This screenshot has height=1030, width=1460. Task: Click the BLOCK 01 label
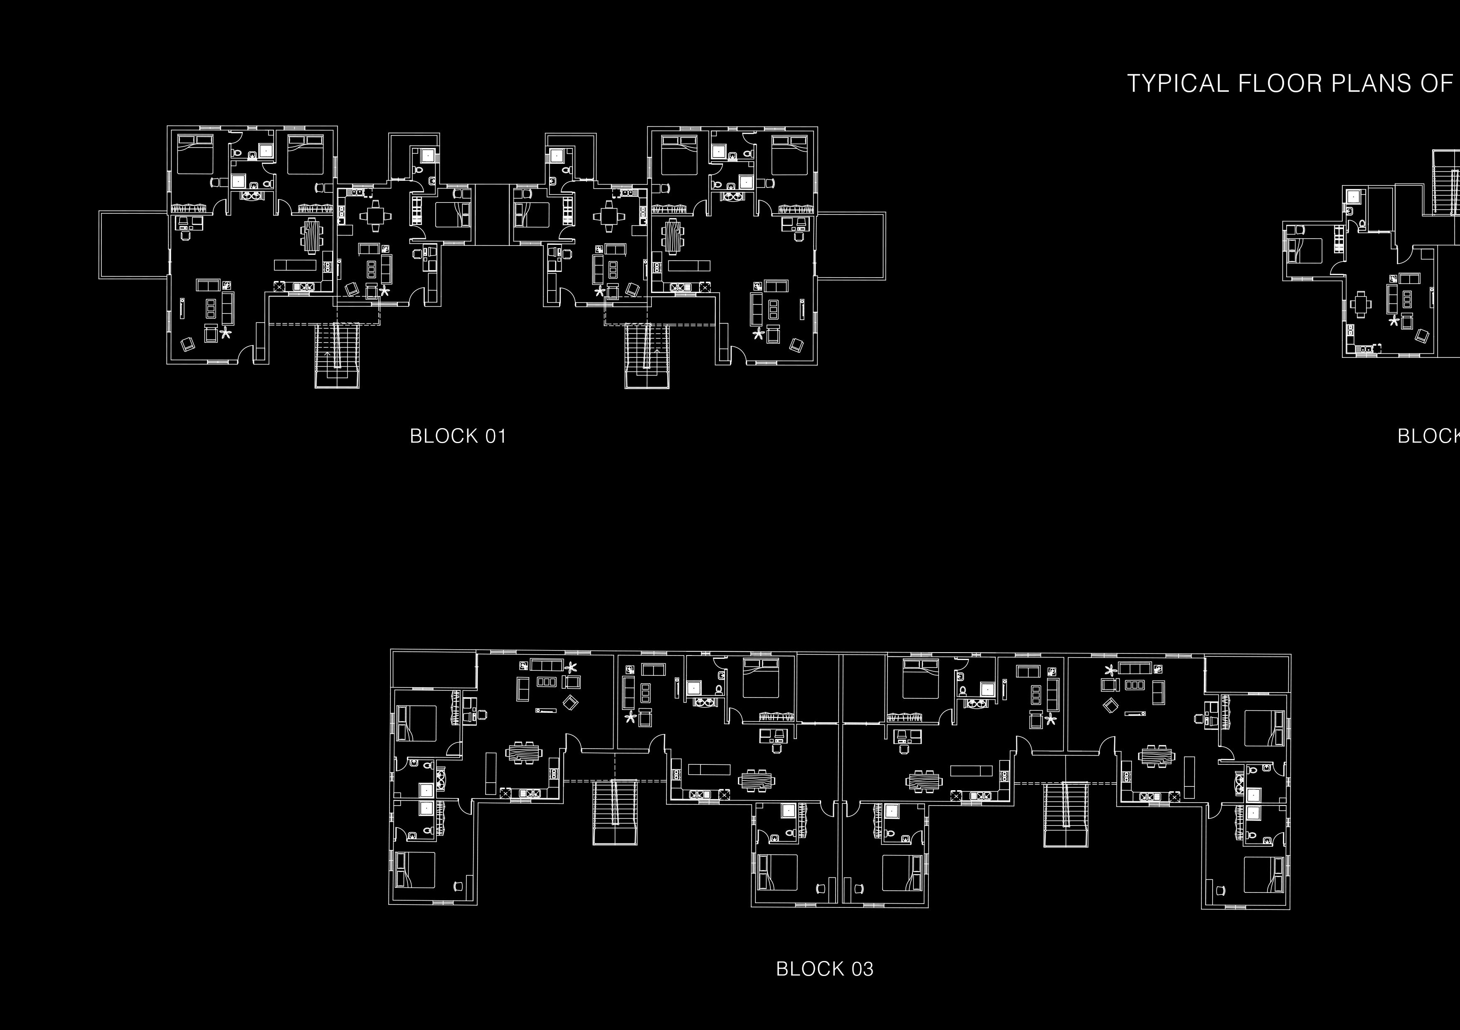click(x=458, y=436)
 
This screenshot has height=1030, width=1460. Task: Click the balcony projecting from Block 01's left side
click(x=133, y=245)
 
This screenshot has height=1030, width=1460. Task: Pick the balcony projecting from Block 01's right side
click(x=851, y=245)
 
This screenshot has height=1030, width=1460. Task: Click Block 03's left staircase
click(x=615, y=811)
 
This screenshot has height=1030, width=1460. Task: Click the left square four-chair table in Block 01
click(x=375, y=216)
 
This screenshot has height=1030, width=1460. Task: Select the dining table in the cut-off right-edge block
click(x=1360, y=303)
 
